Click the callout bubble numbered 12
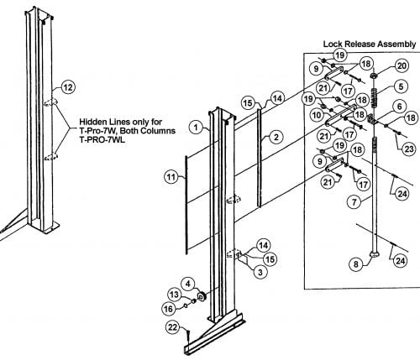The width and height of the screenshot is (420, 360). (68, 87)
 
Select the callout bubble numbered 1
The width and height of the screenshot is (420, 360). (196, 128)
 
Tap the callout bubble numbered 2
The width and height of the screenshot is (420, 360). (276, 137)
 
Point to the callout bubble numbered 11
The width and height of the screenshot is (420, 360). (171, 177)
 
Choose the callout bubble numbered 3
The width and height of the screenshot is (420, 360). (260, 272)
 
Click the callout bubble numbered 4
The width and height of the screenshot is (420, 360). (188, 284)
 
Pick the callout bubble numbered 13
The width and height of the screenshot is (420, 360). (174, 295)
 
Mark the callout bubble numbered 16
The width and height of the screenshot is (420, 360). (168, 309)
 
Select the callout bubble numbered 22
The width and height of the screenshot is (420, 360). (173, 327)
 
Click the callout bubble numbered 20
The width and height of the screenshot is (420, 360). (402, 66)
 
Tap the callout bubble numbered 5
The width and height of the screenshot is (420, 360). (401, 86)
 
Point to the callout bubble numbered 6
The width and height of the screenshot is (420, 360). (399, 107)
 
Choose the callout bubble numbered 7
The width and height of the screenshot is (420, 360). (354, 201)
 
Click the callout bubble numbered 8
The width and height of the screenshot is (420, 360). (356, 264)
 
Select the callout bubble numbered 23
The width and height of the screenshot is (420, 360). (409, 149)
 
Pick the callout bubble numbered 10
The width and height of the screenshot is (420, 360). (316, 115)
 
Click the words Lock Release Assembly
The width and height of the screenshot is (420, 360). (370, 44)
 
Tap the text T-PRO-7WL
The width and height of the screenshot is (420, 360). (102, 139)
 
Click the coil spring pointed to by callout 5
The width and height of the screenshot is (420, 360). (374, 97)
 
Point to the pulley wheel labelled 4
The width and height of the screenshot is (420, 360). (201, 296)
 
